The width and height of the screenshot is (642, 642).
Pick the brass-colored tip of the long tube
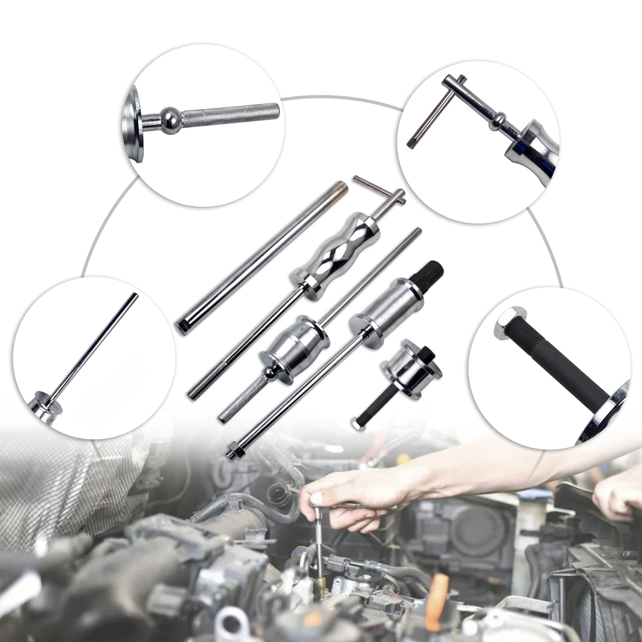click(x=338, y=189)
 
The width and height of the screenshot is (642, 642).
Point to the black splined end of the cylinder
click(x=427, y=273)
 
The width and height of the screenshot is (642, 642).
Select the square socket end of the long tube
click(x=183, y=327)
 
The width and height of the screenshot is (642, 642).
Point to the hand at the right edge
click(x=616, y=498)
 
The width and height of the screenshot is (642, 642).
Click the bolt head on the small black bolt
click(x=358, y=424)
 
